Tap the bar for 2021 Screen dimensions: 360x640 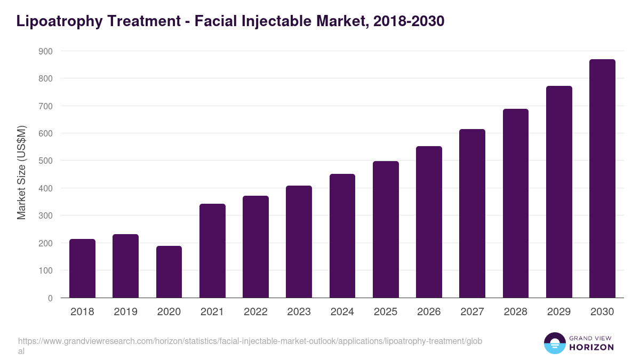[x=212, y=251]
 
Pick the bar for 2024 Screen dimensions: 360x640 [x=342, y=236]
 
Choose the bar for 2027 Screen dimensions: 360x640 [x=472, y=213]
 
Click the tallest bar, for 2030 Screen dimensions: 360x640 [x=602, y=179]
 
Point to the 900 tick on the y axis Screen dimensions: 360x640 [x=45, y=51]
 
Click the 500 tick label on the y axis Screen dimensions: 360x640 [x=45, y=161]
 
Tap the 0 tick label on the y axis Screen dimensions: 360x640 [x=50, y=298]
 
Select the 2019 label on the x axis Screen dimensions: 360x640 [x=125, y=312]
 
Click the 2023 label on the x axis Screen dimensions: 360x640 [x=299, y=312]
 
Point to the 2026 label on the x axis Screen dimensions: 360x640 [x=429, y=312]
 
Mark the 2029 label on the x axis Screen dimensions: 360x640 [x=559, y=312]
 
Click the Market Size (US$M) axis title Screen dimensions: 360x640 [x=21, y=172]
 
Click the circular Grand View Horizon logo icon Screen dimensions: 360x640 [x=555, y=343]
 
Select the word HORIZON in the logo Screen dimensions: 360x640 [x=592, y=347]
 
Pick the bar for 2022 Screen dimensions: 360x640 [x=255, y=247]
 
